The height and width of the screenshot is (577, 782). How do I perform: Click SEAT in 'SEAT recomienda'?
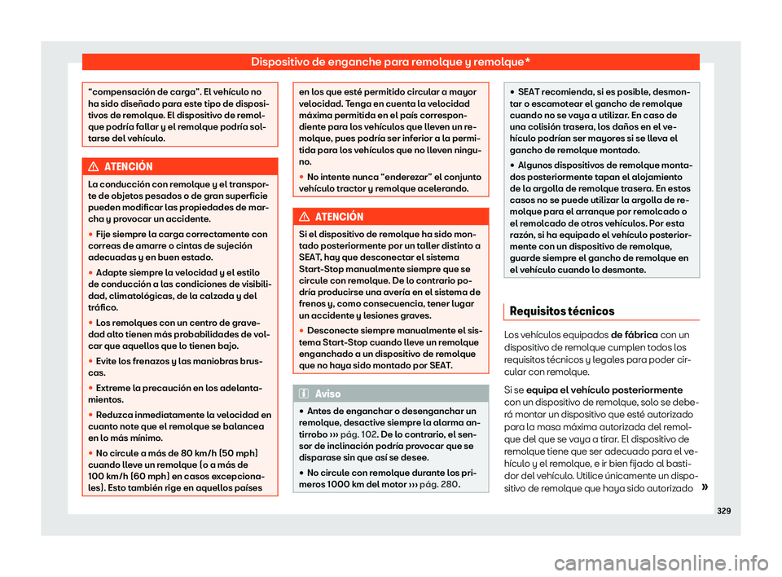(529, 93)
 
